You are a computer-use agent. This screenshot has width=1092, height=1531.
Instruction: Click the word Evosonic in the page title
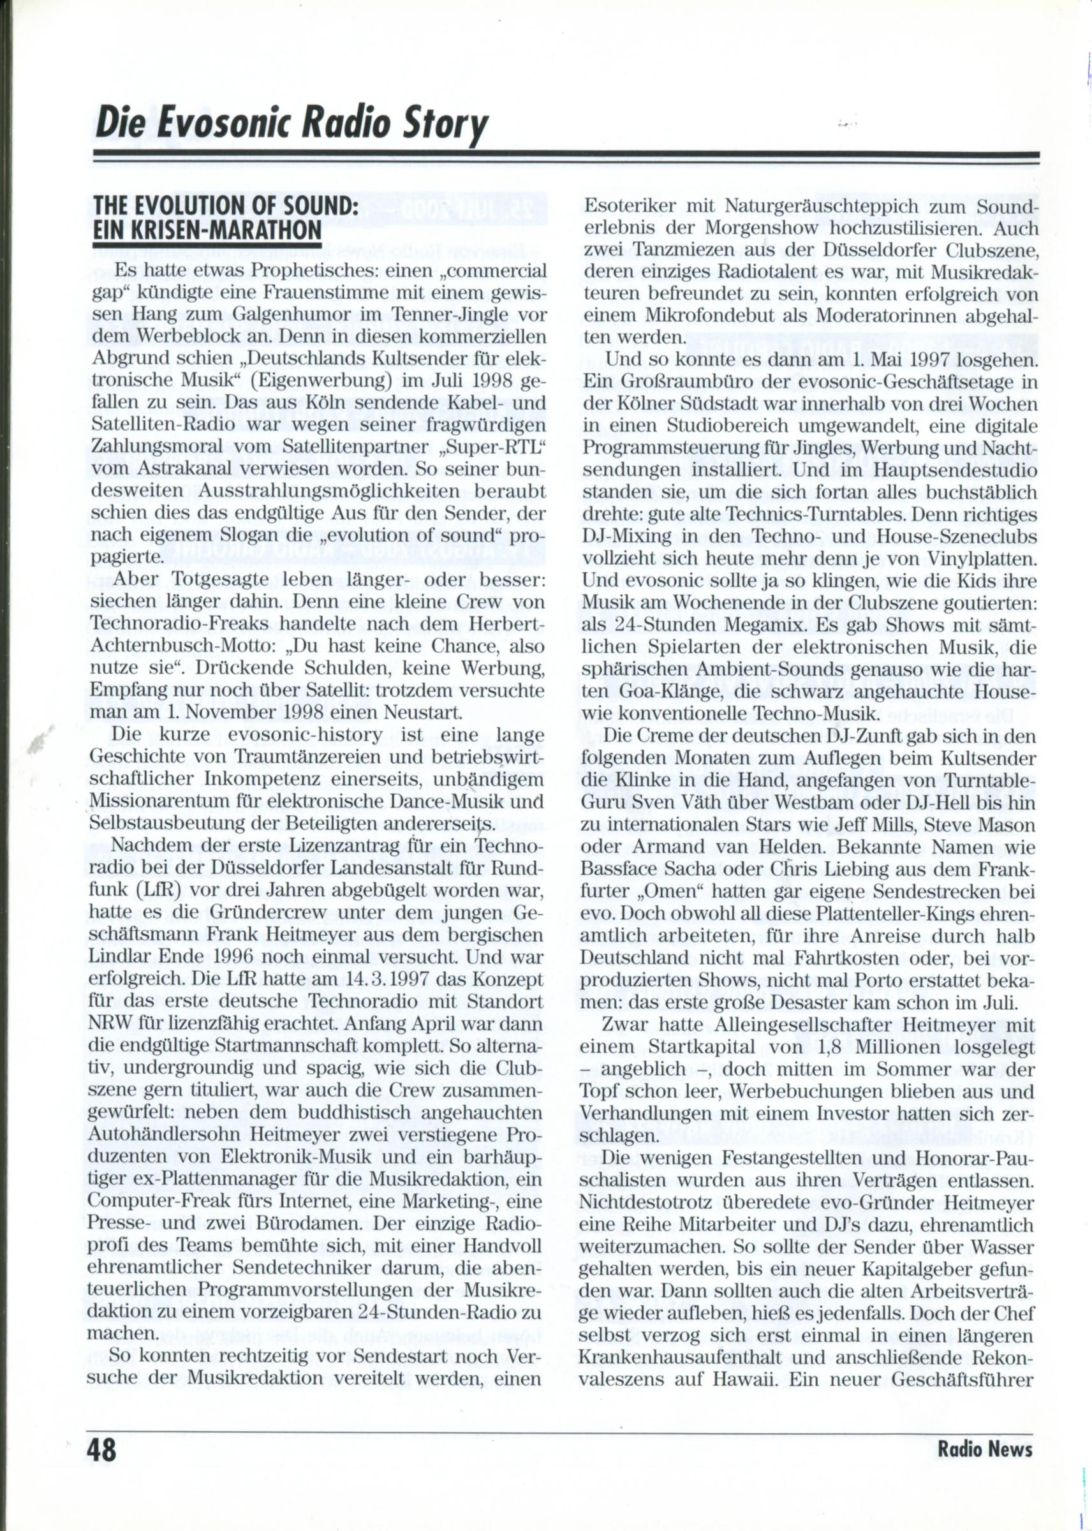pos(205,125)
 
